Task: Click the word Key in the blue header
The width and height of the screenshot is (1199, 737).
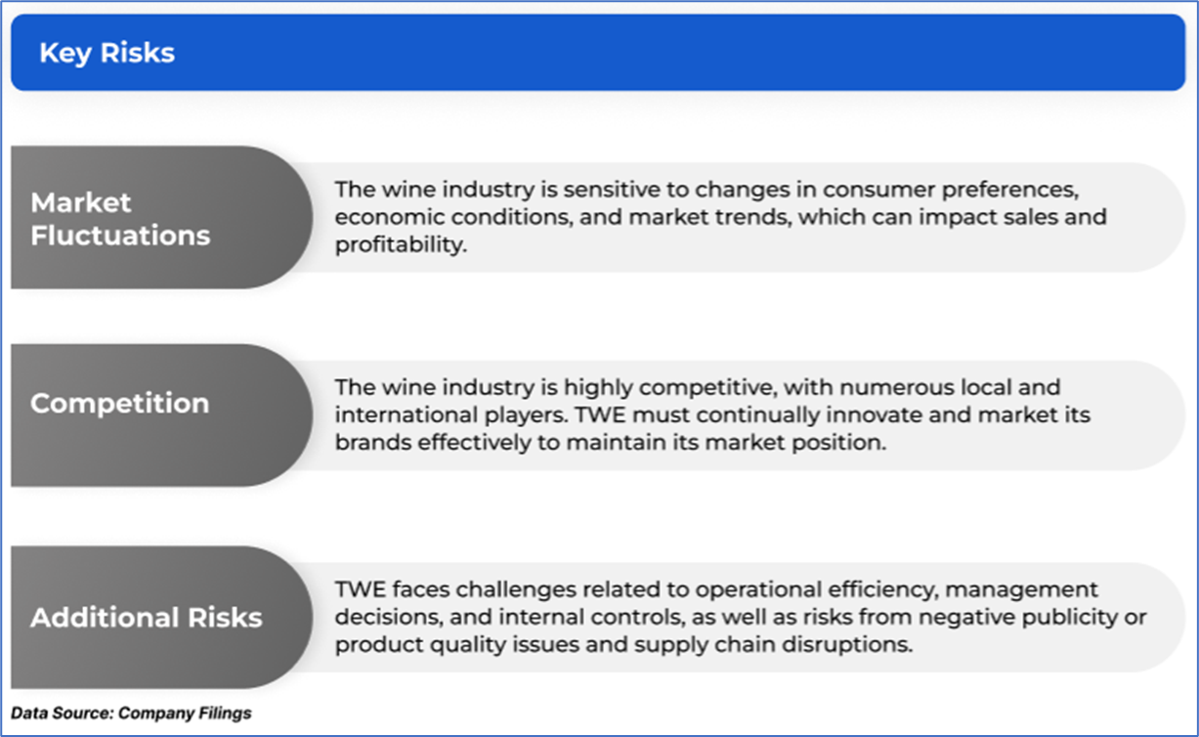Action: click(x=65, y=54)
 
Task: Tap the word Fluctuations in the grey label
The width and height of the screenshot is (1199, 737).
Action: click(x=120, y=236)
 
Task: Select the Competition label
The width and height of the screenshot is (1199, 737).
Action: click(x=119, y=404)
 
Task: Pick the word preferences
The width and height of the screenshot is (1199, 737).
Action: click(x=1010, y=191)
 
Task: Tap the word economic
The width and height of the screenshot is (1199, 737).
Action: click(x=390, y=217)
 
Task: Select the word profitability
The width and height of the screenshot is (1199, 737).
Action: click(x=401, y=245)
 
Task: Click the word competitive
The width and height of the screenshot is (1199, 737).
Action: click(x=708, y=388)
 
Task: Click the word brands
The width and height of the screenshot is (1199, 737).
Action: click(x=373, y=443)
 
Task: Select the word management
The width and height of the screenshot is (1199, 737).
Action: click(x=1021, y=590)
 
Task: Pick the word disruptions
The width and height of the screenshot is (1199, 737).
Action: click(x=847, y=645)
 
